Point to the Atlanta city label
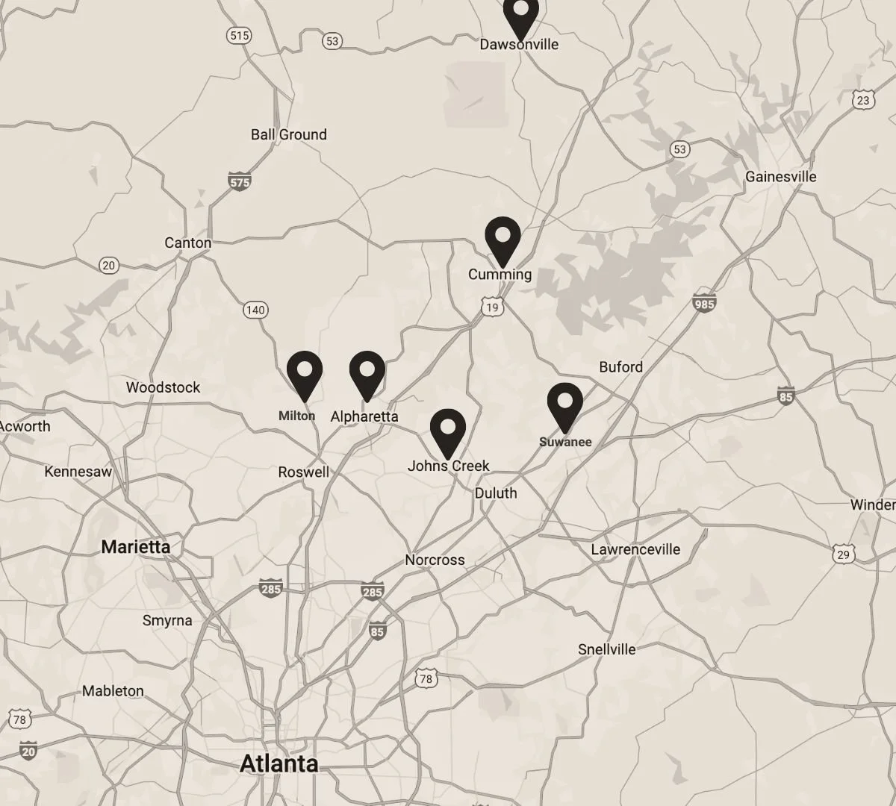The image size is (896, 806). coord(279,763)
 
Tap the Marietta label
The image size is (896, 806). coord(136,547)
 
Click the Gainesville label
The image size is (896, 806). coord(781,177)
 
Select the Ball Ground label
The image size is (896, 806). coord(289,135)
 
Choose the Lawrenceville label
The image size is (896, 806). coord(635,550)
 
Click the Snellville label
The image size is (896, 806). coord(607,649)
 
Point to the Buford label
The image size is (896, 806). coord(620,367)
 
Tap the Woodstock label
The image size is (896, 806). coord(164,387)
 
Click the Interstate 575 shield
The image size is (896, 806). coord(239,181)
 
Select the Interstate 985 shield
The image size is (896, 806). coord(704,303)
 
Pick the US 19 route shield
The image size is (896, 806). coord(491,307)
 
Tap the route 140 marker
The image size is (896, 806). coord(255,310)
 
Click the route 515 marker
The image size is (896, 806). coord(240,35)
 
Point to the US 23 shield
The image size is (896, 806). coord(863,99)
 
